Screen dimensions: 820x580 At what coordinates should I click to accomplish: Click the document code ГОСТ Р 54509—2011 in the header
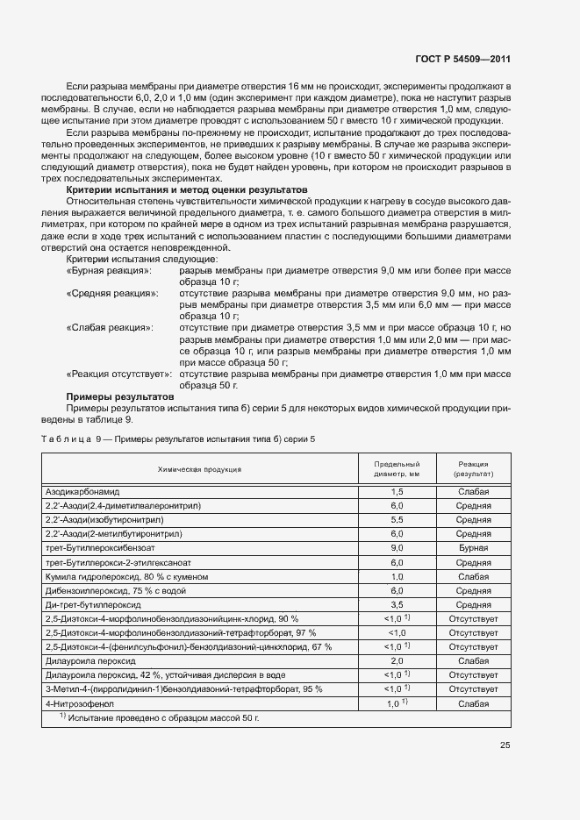tap(462, 60)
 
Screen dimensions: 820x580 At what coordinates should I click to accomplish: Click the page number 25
tap(505, 745)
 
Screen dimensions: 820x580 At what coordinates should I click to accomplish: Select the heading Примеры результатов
tap(120, 396)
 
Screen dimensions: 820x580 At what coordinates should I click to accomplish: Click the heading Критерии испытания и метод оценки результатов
tap(187, 189)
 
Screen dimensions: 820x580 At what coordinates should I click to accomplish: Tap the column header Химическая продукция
tap(200, 469)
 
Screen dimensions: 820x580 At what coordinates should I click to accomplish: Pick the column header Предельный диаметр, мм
tap(397, 469)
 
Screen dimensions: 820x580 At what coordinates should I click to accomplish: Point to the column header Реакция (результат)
tap(473, 469)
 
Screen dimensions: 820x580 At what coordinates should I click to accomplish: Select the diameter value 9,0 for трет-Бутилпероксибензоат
tap(397, 548)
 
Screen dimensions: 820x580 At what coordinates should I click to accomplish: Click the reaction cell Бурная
tap(473, 548)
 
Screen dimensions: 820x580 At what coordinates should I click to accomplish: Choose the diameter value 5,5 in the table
tap(397, 520)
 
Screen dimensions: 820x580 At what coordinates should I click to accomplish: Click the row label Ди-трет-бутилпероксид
tap(93, 604)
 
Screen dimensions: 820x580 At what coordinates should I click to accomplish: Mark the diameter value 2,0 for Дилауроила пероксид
tap(397, 660)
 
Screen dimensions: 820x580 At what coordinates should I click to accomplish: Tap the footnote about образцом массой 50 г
tap(159, 718)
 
